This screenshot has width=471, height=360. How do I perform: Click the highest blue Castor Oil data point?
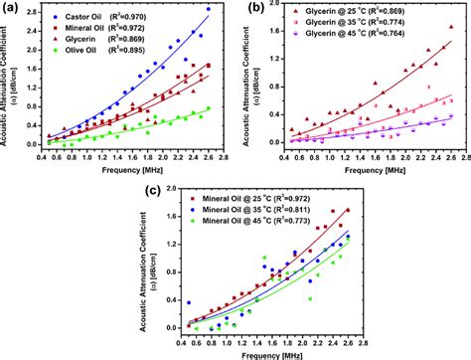click(208, 9)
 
